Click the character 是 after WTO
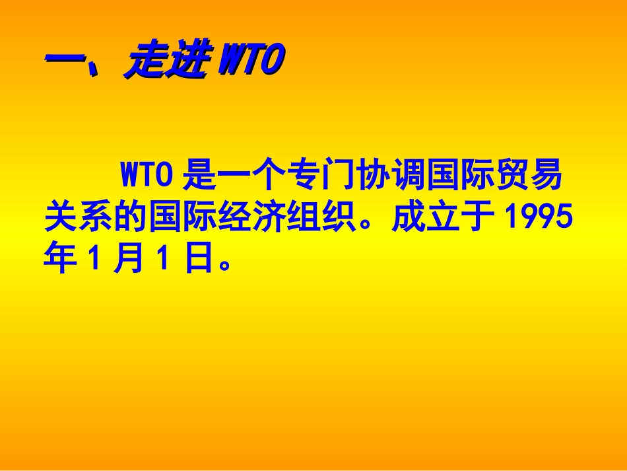coord(198,176)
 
